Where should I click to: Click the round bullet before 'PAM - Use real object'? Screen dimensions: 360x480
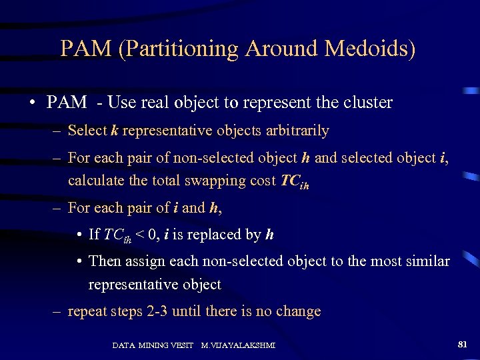click(x=31, y=103)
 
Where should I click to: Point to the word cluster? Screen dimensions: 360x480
click(x=367, y=103)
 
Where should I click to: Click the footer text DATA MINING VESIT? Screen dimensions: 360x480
click(x=153, y=345)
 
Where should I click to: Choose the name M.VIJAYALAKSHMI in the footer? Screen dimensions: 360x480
click(x=238, y=345)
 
